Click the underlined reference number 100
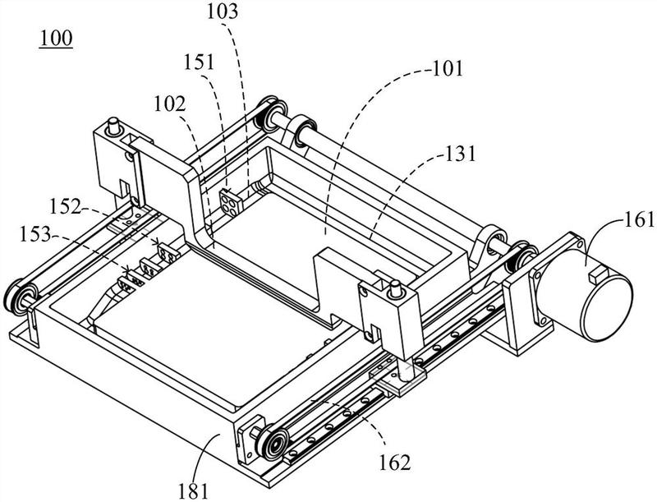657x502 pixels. (x=56, y=38)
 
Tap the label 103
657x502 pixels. (x=222, y=12)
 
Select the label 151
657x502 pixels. (x=199, y=62)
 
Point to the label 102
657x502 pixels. (x=170, y=104)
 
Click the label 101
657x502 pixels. (x=448, y=68)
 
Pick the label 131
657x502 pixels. (x=460, y=154)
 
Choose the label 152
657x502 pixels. (x=66, y=206)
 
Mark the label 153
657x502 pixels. (x=35, y=235)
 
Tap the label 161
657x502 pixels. (x=640, y=219)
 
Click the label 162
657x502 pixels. (x=395, y=463)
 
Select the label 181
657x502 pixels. (x=193, y=490)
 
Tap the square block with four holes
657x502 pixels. (x=231, y=201)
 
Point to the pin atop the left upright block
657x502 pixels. (x=112, y=126)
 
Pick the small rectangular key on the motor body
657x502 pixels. (x=597, y=277)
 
